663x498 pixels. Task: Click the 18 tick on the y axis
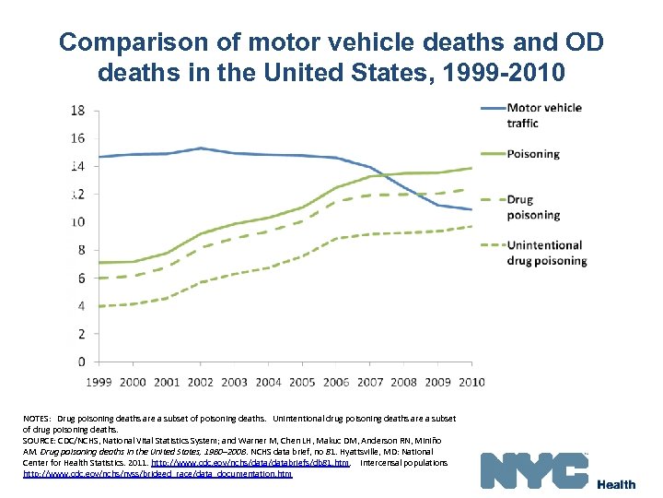78,111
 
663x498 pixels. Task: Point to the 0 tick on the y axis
82,362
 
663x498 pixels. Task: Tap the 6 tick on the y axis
82,278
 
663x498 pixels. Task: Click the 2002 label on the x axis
201,381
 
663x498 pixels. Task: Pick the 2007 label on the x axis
370,381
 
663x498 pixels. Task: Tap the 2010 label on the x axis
471,381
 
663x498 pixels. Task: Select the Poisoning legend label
533,154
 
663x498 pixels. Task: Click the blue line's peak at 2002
201,148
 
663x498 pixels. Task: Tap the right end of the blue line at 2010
471,209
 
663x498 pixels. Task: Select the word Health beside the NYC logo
616,485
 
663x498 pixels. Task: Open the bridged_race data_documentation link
157,474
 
